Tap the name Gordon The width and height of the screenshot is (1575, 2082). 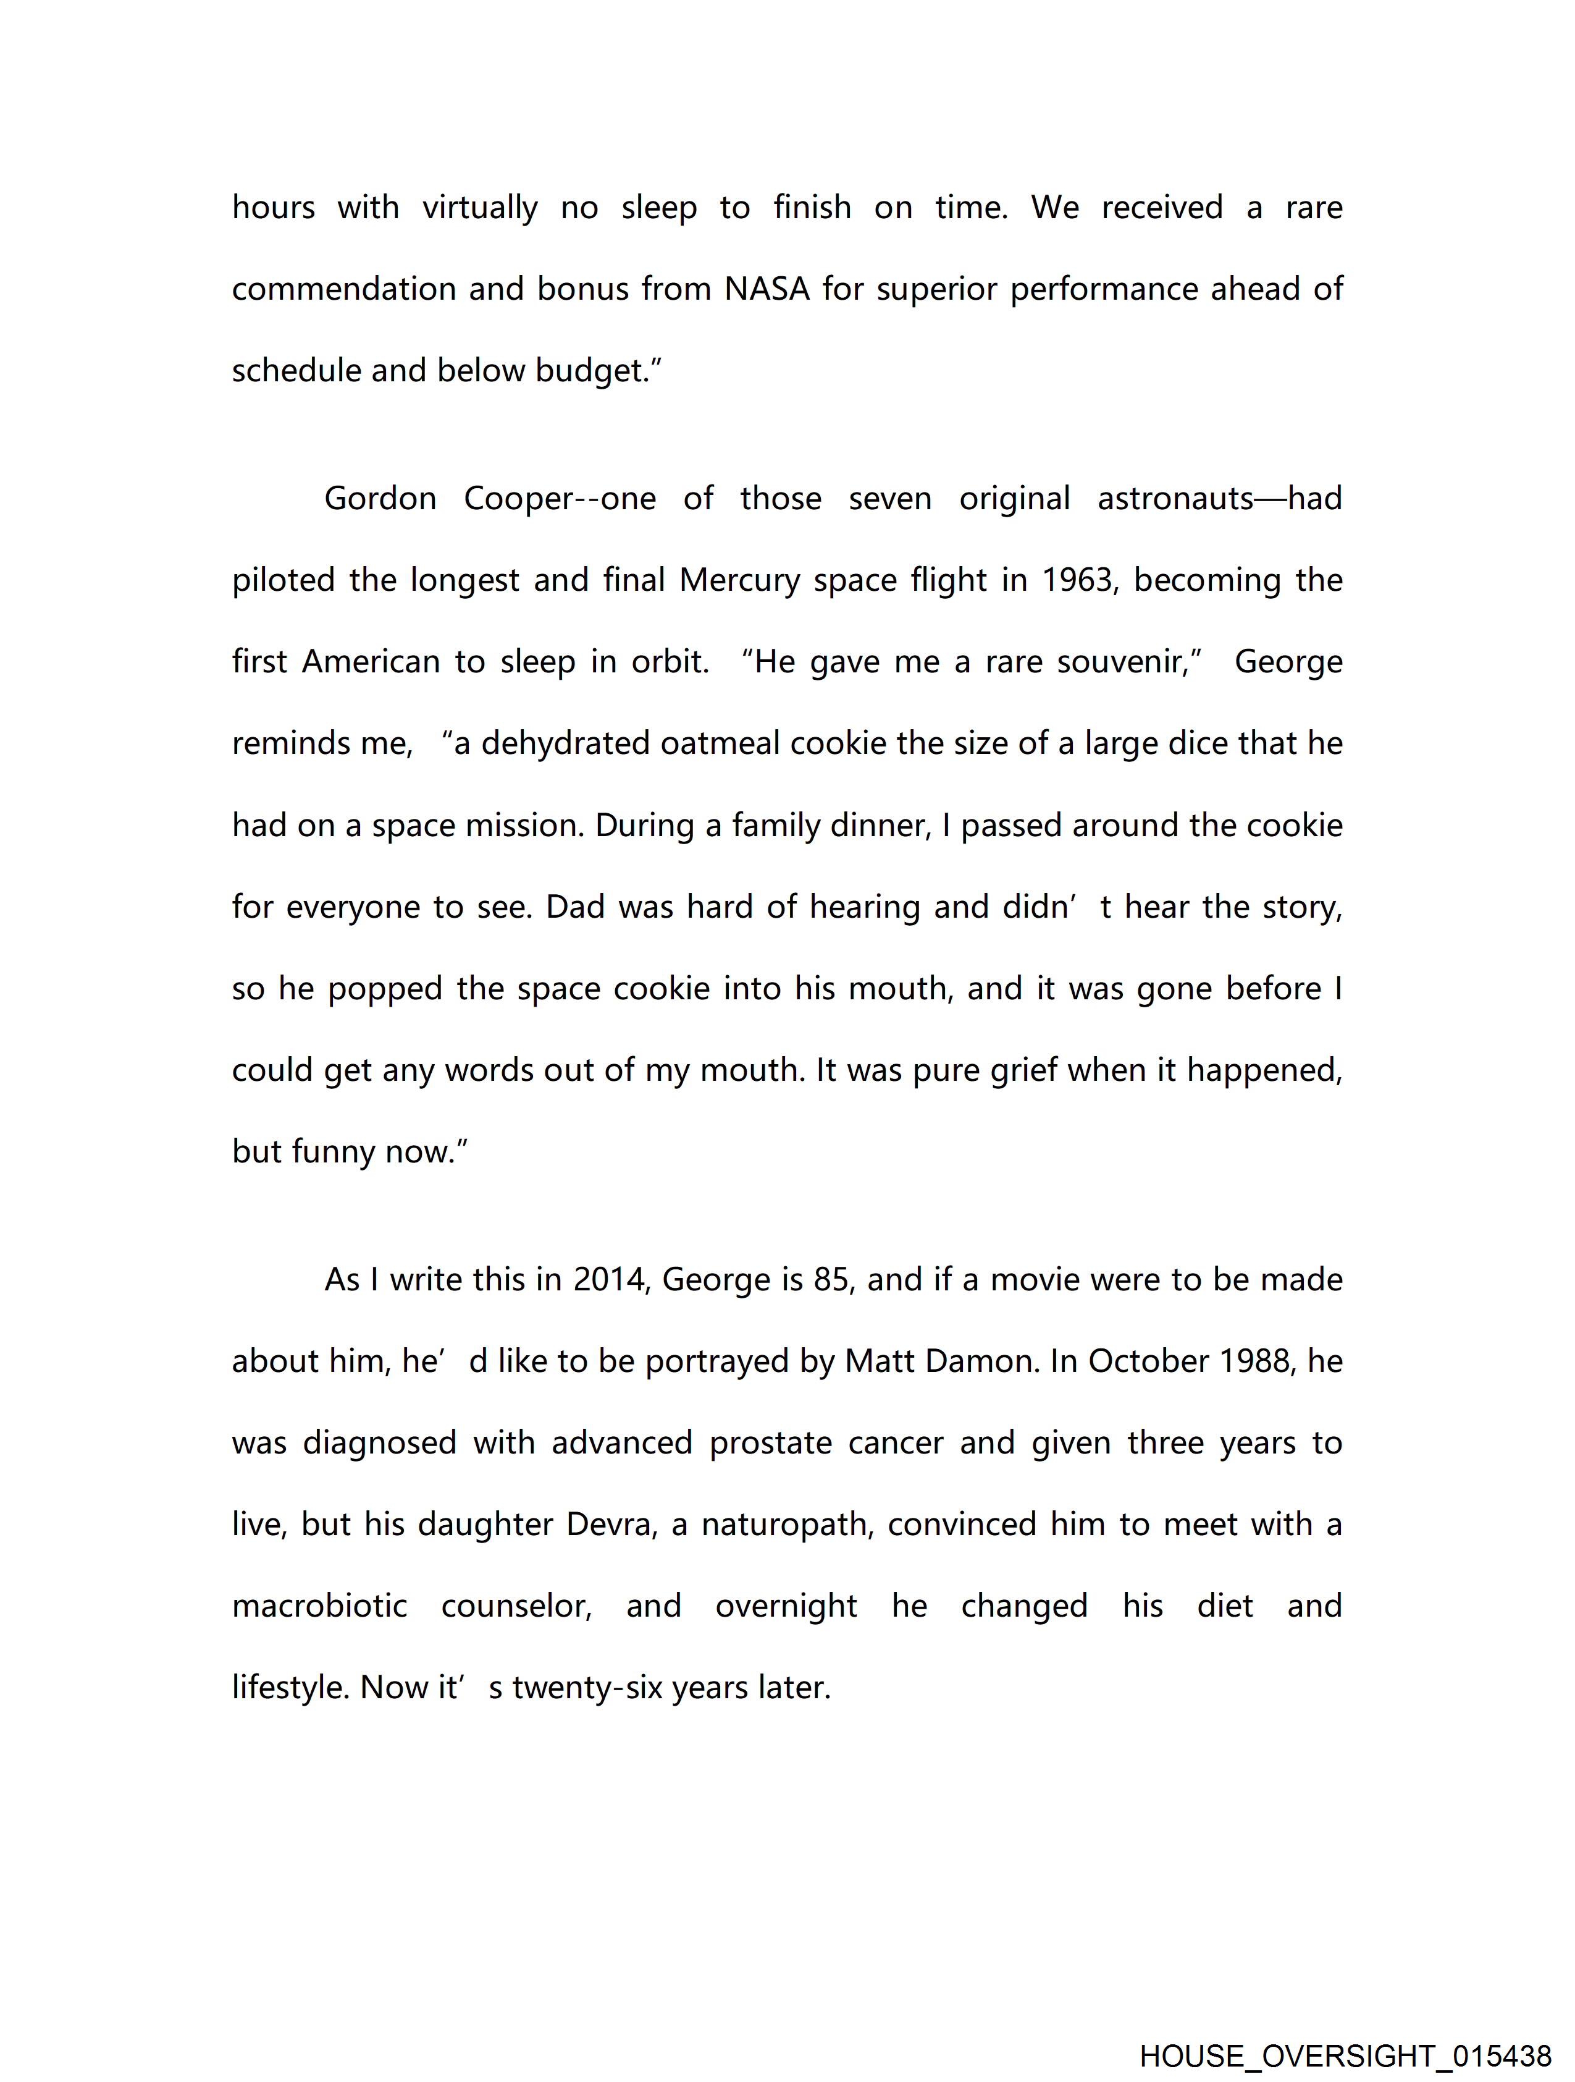(380, 498)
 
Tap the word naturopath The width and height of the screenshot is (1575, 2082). (789, 1525)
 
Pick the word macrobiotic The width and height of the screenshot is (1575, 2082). (320, 1606)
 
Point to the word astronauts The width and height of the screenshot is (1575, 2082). (1176, 498)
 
